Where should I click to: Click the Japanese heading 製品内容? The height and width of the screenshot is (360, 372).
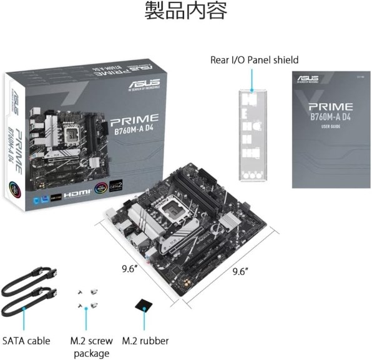[x=186, y=11]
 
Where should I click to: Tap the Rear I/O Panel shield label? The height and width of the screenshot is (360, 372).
[x=254, y=60]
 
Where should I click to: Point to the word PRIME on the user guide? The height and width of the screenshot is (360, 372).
[x=330, y=107]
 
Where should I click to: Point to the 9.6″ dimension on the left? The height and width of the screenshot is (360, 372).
[x=130, y=271]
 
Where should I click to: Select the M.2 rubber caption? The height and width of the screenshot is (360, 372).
[x=145, y=341]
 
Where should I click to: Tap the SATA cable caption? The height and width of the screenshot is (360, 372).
[x=26, y=341]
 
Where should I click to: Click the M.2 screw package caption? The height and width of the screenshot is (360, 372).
[x=91, y=347]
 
